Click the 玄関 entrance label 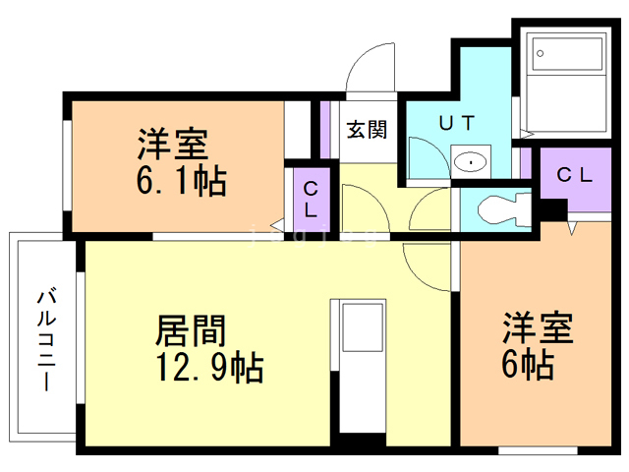pyautogui.click(x=367, y=130)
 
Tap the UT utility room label pyautogui.click(x=457, y=122)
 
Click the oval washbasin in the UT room pyautogui.click(x=471, y=161)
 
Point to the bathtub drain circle pyautogui.click(x=540, y=53)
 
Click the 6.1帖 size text pyautogui.click(x=181, y=181)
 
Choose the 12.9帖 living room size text pyautogui.click(x=210, y=367)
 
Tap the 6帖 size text pyautogui.click(x=528, y=365)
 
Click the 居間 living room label pyautogui.click(x=191, y=330)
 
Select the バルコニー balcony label pyautogui.click(x=47, y=338)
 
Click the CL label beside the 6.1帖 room pyautogui.click(x=311, y=199)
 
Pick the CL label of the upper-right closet pyautogui.click(x=574, y=175)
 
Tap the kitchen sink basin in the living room pyautogui.click(x=363, y=327)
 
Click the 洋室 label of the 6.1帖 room pyautogui.click(x=173, y=144)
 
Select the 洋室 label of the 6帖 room pyautogui.click(x=538, y=327)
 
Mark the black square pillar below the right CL pyautogui.click(x=553, y=209)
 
